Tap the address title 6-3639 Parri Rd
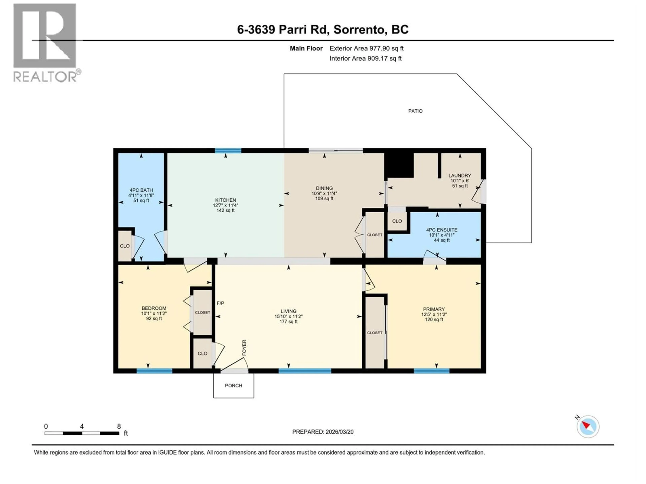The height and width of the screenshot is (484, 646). coord(322,29)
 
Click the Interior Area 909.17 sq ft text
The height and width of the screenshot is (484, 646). coord(365,58)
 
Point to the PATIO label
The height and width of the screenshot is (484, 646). coord(415,111)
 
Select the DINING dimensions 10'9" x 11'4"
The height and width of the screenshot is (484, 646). coord(324,193)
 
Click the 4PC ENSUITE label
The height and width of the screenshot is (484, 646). coord(441,230)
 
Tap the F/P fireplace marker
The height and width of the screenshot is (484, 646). coord(221,303)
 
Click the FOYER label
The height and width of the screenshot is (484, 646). coord(244,348)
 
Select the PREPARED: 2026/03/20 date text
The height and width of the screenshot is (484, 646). coord(323,432)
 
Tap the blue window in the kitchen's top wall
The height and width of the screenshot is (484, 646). coord(228,151)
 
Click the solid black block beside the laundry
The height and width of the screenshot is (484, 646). coord(399,165)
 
